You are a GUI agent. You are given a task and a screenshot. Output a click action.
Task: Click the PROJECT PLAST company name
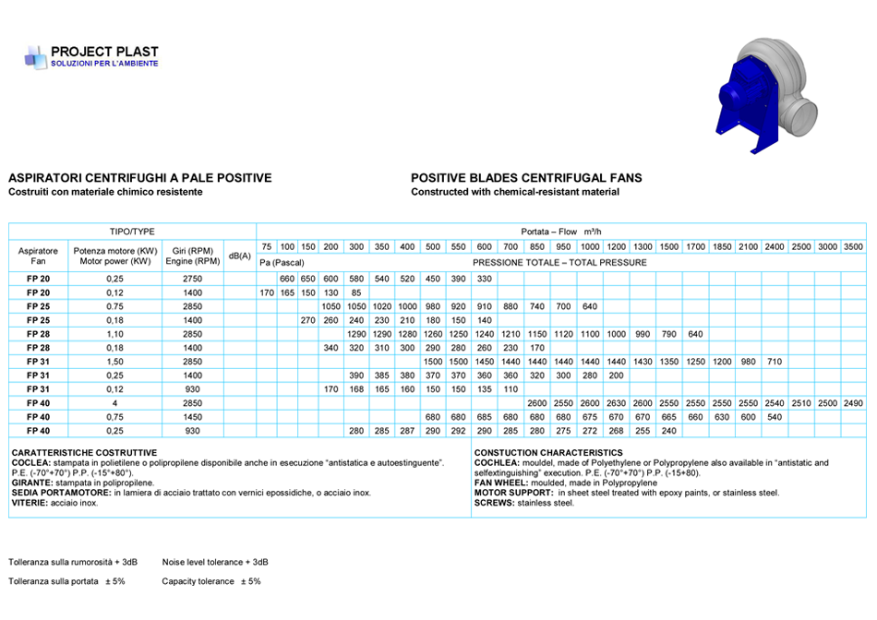[104, 52]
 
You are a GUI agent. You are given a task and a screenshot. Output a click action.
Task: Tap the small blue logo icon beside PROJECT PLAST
[34, 57]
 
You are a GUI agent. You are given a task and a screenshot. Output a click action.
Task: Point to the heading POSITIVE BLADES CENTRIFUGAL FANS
[526, 178]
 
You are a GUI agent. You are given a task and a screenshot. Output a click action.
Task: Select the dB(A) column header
[240, 255]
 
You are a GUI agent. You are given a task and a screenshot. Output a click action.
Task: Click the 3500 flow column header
[853, 246]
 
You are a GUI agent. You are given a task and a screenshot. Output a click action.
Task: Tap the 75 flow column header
[266, 246]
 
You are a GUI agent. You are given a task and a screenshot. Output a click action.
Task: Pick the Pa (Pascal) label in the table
[282, 263]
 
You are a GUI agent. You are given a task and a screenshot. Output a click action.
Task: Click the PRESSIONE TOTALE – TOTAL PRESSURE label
[559, 263]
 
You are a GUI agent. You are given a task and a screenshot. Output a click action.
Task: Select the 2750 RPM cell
[192, 279]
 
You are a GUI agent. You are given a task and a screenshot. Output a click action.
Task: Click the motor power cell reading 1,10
[115, 334]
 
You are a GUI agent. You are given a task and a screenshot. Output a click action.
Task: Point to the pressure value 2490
[853, 403]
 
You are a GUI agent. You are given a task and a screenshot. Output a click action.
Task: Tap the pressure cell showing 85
[356, 292]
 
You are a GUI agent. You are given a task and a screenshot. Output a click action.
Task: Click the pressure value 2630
[616, 403]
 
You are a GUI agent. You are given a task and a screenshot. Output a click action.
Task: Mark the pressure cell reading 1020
[381, 306]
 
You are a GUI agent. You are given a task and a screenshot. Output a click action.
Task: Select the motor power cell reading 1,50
[115, 362]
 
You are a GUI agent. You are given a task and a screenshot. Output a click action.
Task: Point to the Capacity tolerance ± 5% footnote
[211, 581]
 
